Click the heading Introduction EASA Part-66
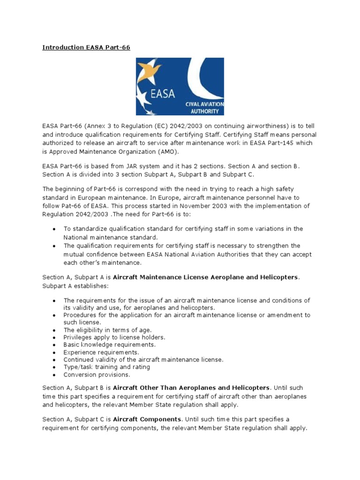point(86,47)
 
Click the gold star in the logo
point(152,70)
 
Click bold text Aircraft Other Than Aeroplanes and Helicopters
point(191,388)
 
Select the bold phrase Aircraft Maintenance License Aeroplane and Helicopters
point(205,277)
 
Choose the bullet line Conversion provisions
point(97,375)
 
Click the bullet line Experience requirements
point(101,352)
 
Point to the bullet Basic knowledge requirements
point(110,345)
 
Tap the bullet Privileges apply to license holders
point(114,337)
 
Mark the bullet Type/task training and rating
point(107,367)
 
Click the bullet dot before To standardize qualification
point(54,229)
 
